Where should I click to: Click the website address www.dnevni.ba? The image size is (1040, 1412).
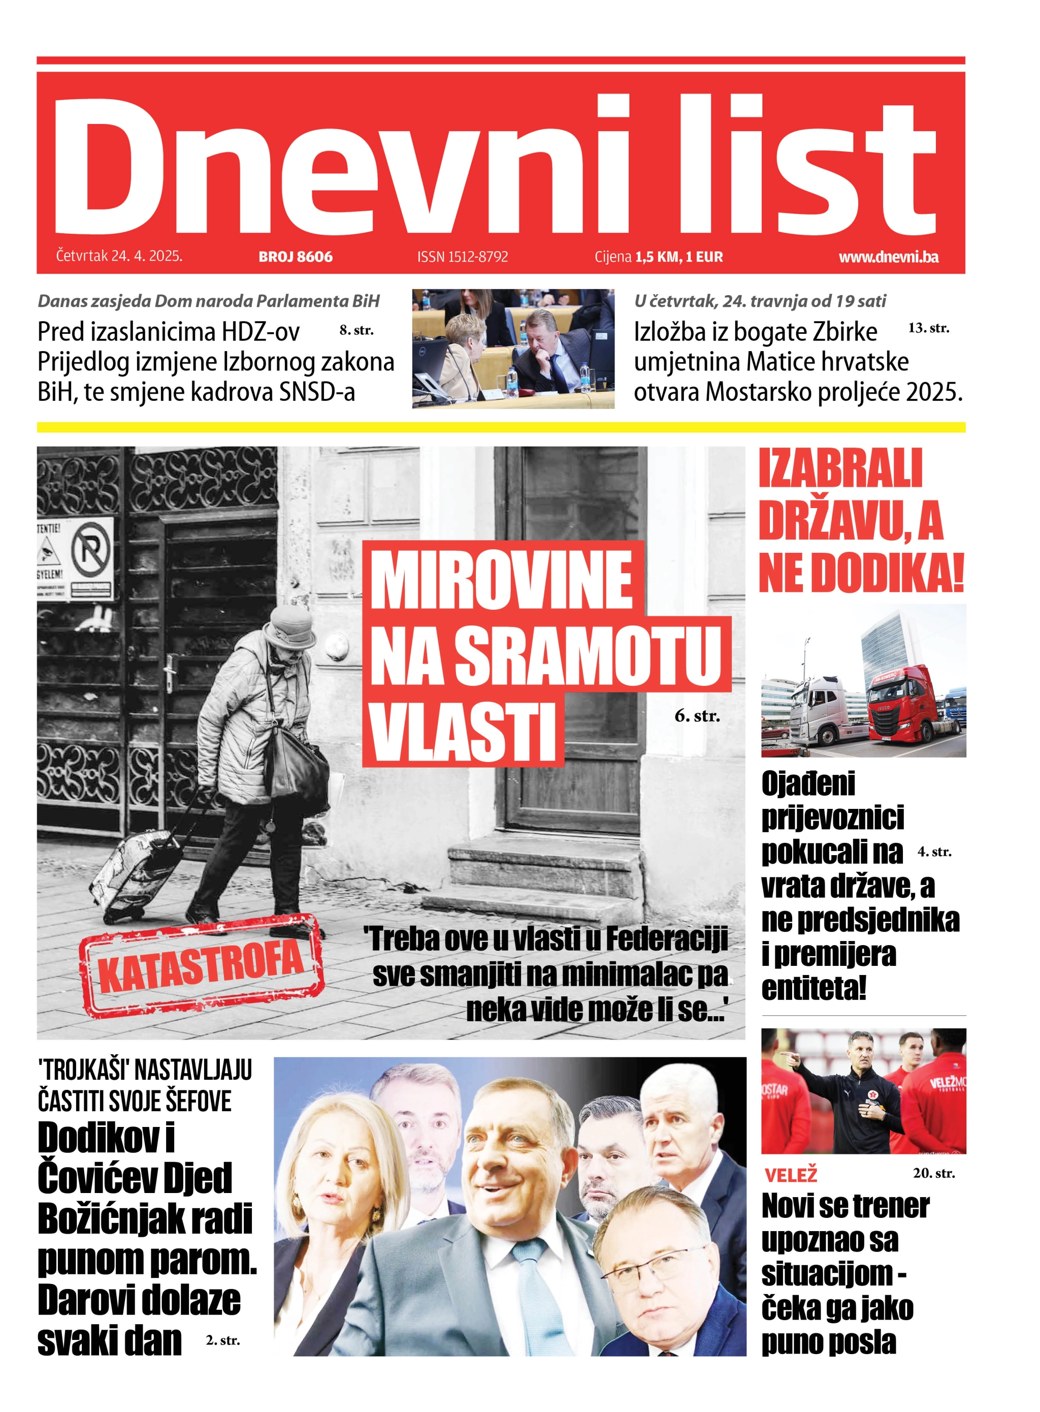[x=888, y=257]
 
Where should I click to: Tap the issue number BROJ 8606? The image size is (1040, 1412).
[x=295, y=257]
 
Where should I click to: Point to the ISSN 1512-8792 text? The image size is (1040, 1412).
[x=462, y=257]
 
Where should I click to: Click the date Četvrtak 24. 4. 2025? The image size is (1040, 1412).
[x=119, y=256]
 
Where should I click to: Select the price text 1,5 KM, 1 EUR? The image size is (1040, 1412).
[x=678, y=257]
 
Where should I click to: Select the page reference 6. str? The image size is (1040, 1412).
[x=697, y=715]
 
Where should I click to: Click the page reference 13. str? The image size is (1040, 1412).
[x=929, y=328]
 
